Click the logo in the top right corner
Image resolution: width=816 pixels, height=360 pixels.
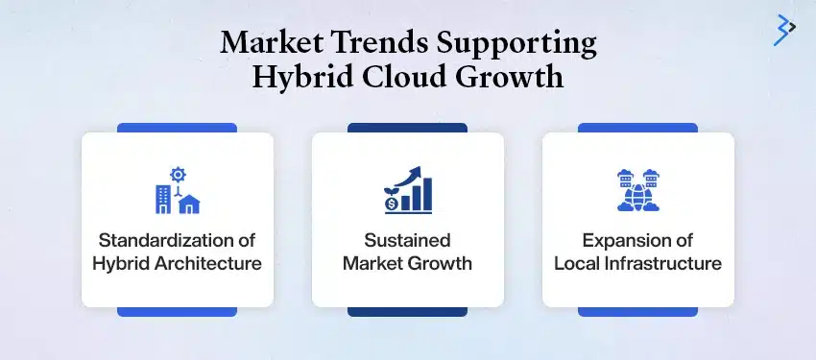pyautogui.click(x=786, y=30)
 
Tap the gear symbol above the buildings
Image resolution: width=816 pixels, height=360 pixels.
pyautogui.click(x=177, y=174)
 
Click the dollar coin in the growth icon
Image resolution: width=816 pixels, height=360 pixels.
pyautogui.click(x=392, y=204)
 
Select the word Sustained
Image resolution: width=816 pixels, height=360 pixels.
pyautogui.click(x=407, y=240)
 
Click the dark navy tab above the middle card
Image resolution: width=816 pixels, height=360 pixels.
pyautogui.click(x=407, y=127)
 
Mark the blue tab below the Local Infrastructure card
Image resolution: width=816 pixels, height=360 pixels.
pyautogui.click(x=637, y=311)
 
